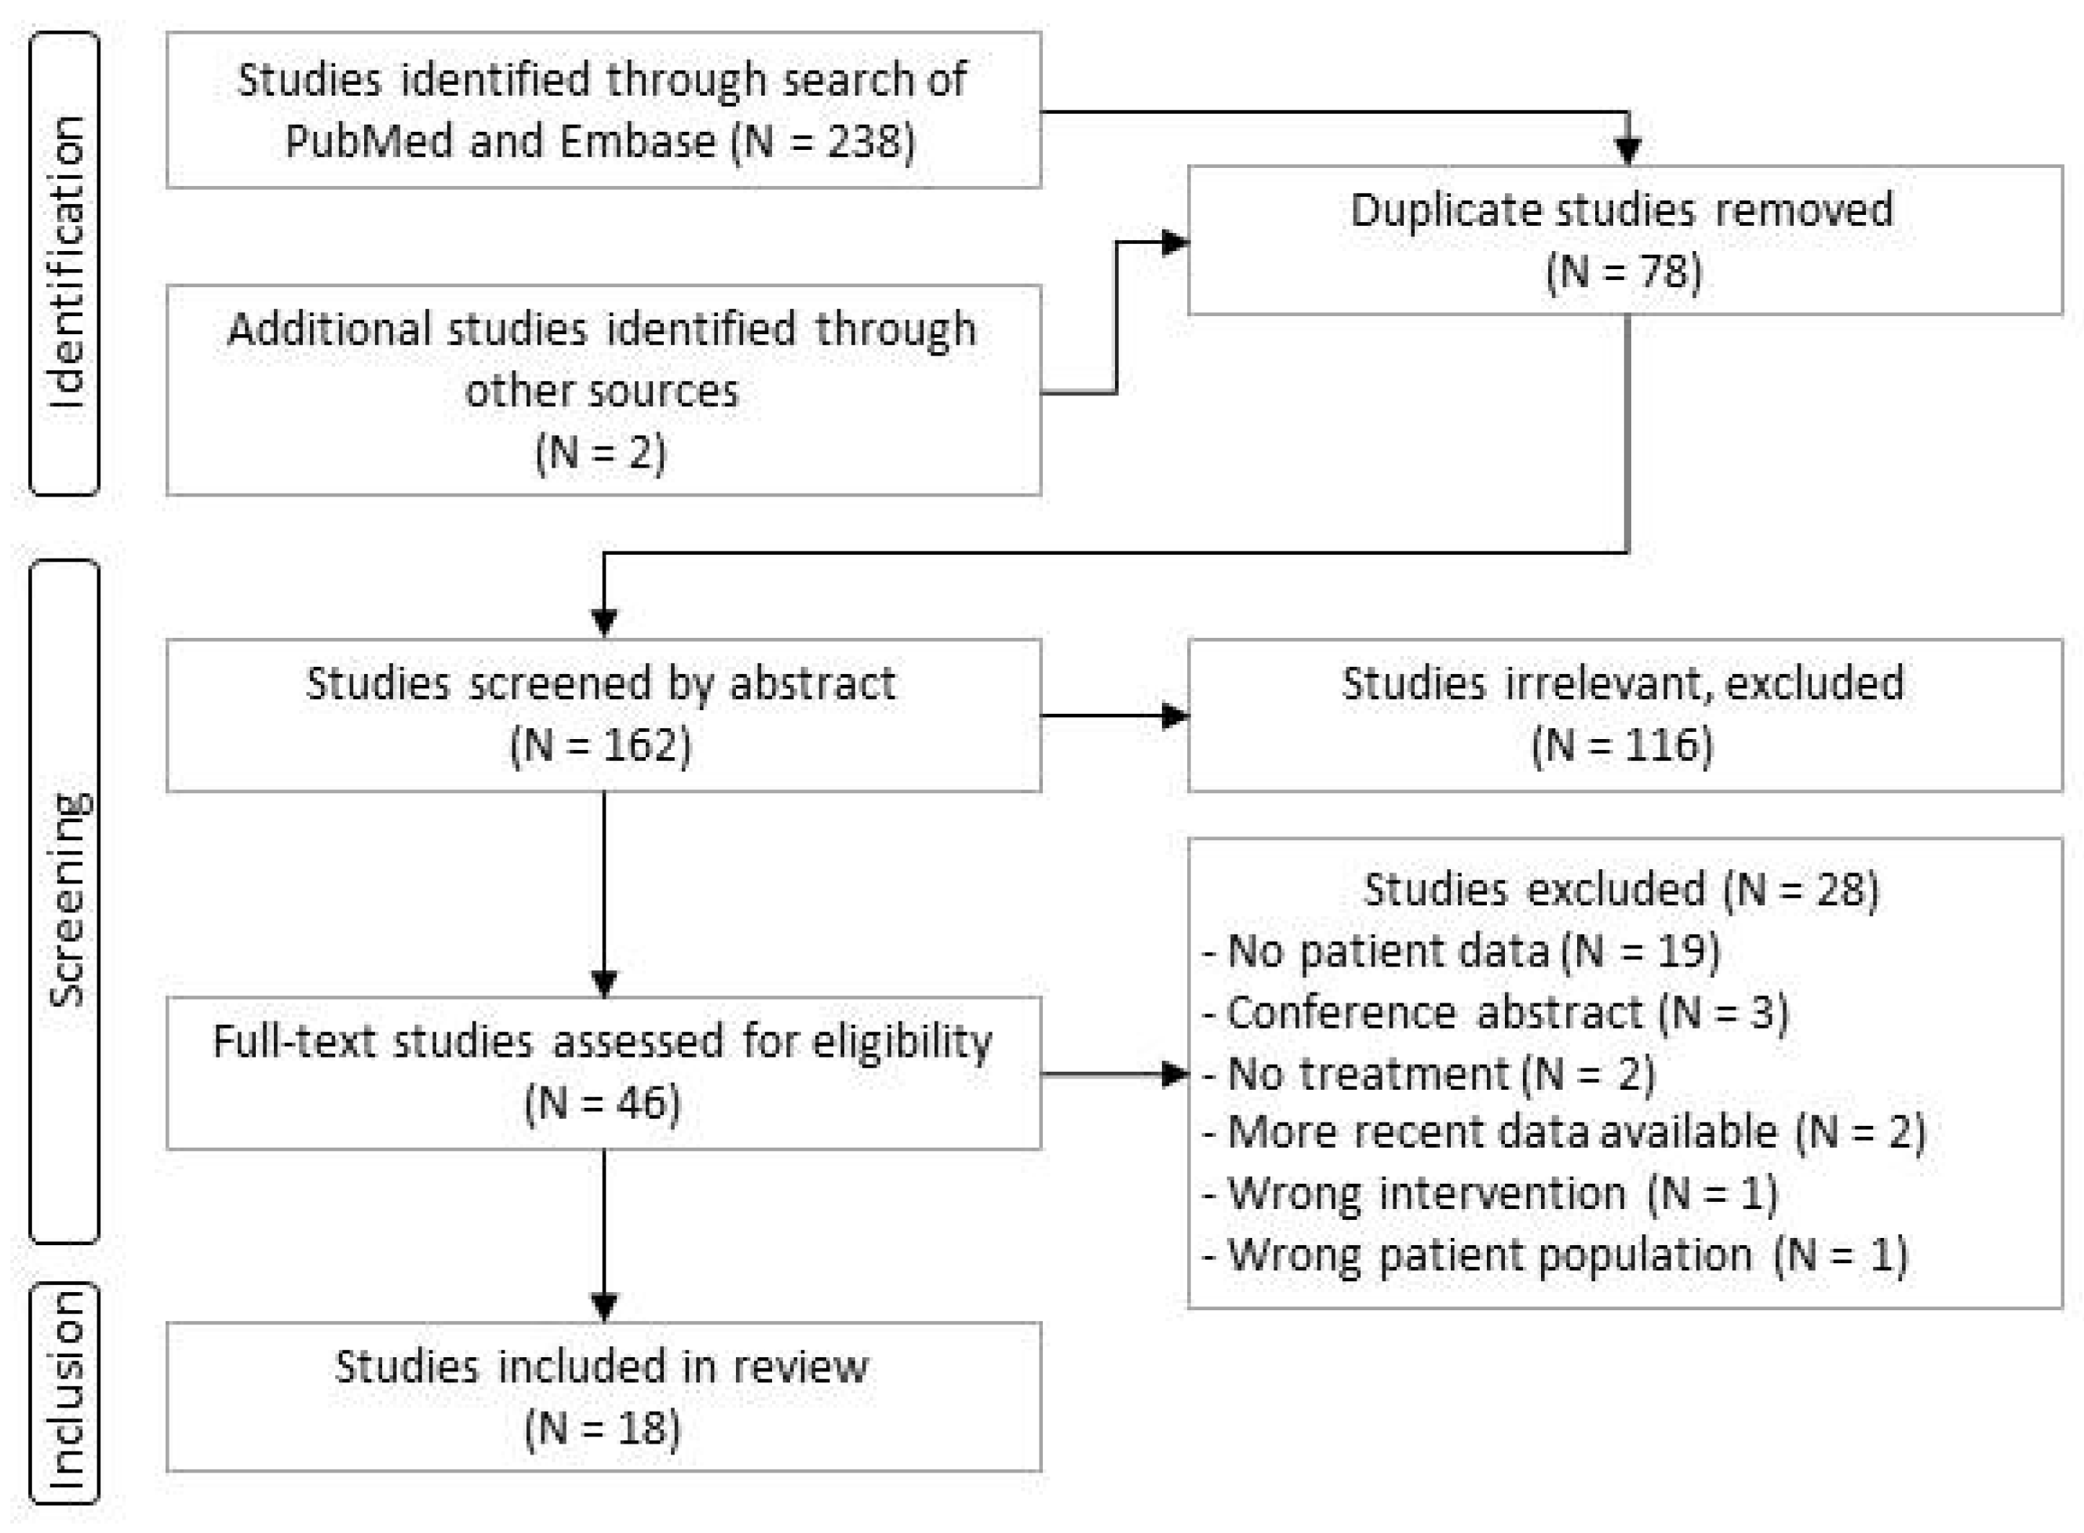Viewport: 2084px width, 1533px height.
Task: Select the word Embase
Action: (x=637, y=142)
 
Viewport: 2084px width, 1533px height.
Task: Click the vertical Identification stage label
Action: (x=65, y=263)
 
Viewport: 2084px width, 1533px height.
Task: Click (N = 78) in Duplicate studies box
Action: (x=1623, y=272)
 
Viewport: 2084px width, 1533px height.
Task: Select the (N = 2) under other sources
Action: (x=601, y=452)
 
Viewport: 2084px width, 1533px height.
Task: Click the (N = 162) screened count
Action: (x=601, y=745)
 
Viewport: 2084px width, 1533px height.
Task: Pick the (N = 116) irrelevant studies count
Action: (x=1623, y=745)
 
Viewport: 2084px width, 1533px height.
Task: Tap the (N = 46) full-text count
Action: (x=602, y=1103)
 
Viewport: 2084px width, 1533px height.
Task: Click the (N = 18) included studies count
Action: (x=602, y=1427)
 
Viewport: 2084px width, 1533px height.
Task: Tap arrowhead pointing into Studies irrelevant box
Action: (x=1175, y=716)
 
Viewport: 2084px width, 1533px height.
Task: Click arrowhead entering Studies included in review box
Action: (x=604, y=1306)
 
